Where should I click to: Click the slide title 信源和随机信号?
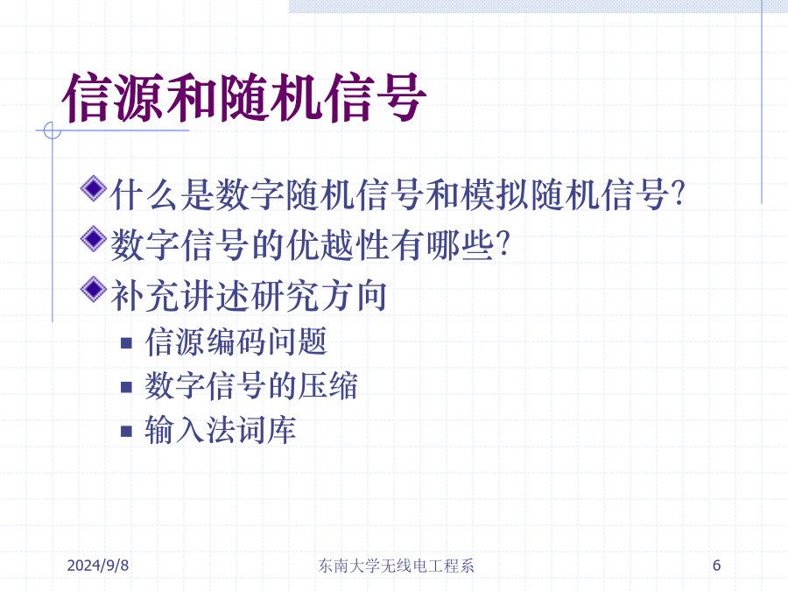tap(244, 97)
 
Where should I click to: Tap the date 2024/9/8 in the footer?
tap(97, 566)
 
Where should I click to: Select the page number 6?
tap(716, 566)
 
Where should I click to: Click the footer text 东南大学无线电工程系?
tap(396, 566)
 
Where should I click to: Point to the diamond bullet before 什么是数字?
tap(94, 188)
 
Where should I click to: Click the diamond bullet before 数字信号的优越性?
tap(94, 239)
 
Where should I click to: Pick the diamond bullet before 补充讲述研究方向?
tap(94, 289)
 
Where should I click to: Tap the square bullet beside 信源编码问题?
tap(126, 343)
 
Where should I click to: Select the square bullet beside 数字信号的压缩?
tap(126, 387)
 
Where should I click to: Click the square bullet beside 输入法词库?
tap(126, 431)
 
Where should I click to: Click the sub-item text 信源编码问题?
tap(236, 341)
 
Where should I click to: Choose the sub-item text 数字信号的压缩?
tap(251, 386)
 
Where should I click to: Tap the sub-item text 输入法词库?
tap(221, 430)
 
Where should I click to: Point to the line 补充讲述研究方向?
tap(249, 296)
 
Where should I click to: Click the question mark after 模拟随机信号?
tap(678, 194)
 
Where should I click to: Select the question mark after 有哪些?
tap(503, 244)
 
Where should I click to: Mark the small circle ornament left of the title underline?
tap(53, 130)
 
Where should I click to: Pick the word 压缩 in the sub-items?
tap(327, 386)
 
